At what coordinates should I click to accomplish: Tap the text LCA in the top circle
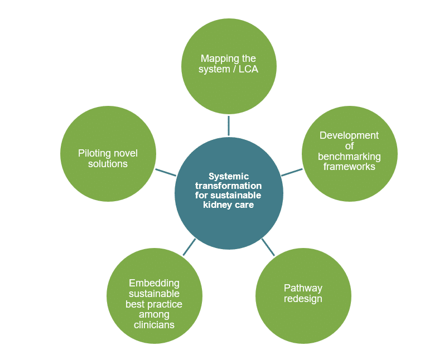pyautogui.click(x=249, y=70)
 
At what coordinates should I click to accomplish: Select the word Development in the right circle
pyautogui.click(x=349, y=135)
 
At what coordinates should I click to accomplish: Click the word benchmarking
pyautogui.click(x=349, y=156)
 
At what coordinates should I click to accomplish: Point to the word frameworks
pyautogui.click(x=349, y=166)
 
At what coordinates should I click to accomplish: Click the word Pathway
pyautogui.click(x=303, y=288)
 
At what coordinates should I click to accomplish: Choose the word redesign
pyautogui.click(x=303, y=299)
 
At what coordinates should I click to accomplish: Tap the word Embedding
pyautogui.click(x=154, y=283)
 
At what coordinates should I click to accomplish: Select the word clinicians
pyautogui.click(x=154, y=325)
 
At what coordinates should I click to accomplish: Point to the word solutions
pyautogui.click(x=108, y=164)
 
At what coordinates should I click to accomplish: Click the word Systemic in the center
pyautogui.click(x=229, y=176)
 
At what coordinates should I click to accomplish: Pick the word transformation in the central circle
pyautogui.click(x=229, y=186)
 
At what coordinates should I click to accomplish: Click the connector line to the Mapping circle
pyautogui.click(x=229, y=125)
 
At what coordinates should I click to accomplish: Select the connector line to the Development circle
pyautogui.click(x=291, y=171)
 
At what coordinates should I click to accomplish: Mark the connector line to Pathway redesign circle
pyautogui.click(x=268, y=247)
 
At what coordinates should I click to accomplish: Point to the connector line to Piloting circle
pyautogui.click(x=166, y=171)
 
